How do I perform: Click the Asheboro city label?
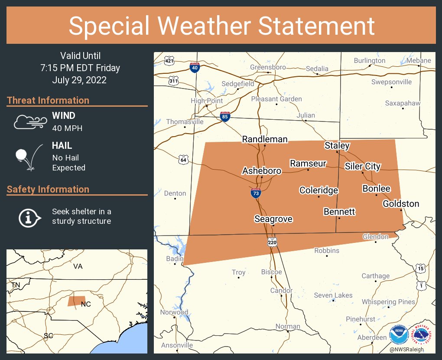(x=262, y=171)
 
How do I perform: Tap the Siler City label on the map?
(x=363, y=166)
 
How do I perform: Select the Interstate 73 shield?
(x=256, y=193)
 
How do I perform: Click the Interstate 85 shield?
(x=225, y=116)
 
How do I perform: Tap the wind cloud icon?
(x=29, y=122)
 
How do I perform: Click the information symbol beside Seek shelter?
(x=29, y=217)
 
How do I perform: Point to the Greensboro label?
(x=268, y=67)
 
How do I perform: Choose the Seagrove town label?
(x=273, y=219)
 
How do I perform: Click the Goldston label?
(x=401, y=204)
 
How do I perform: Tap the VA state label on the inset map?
(x=78, y=266)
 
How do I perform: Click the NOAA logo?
(x=398, y=334)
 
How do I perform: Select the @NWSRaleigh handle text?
(x=406, y=350)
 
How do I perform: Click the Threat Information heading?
(x=48, y=100)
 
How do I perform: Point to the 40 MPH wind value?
(x=67, y=128)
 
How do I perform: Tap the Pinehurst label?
(x=361, y=319)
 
